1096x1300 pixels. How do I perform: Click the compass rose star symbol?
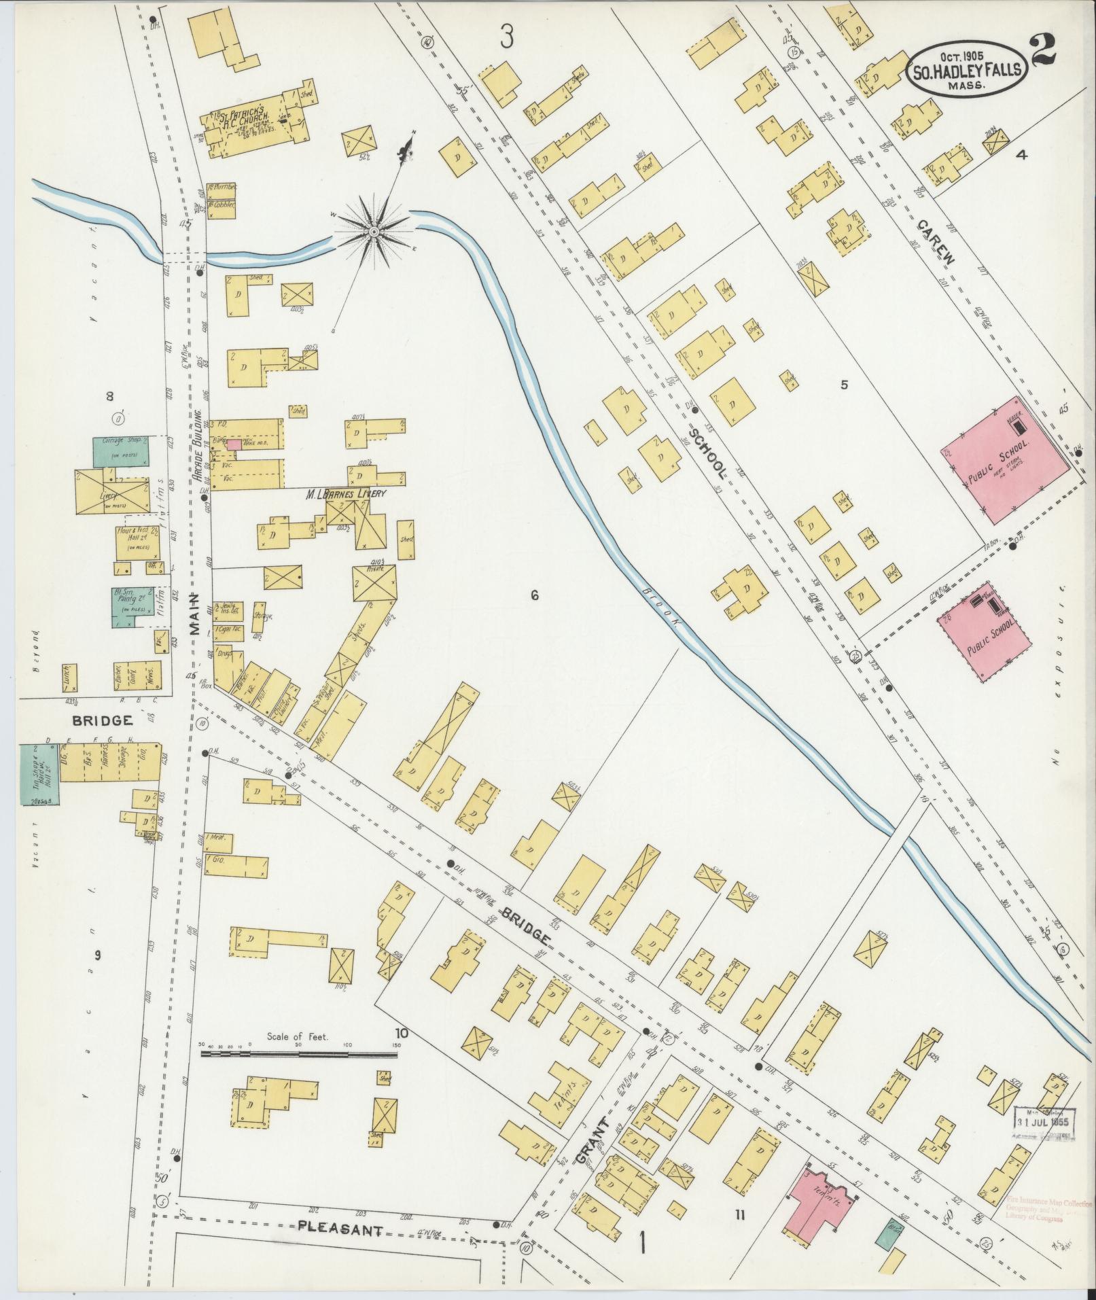373,232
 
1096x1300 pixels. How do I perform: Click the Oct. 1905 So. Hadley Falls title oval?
968,67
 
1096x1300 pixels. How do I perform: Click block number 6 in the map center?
534,596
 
